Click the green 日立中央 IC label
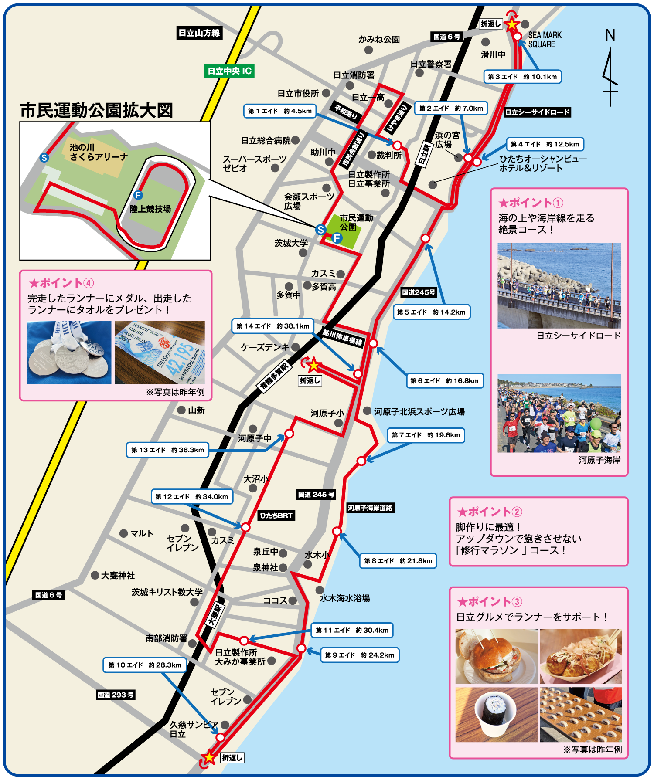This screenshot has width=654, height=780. [229, 71]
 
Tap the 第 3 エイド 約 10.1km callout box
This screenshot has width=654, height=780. [522, 77]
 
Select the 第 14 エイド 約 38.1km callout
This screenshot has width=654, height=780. [272, 326]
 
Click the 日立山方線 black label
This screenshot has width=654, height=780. [199, 33]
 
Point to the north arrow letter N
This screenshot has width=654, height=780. [610, 35]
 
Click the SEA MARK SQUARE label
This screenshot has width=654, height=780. [545, 40]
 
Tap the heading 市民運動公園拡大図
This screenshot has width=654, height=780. [96, 111]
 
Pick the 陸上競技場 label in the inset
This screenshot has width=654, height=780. [150, 209]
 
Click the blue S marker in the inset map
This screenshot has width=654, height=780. [44, 158]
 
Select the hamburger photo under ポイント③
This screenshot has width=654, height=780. [496, 656]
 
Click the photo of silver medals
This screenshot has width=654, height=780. [69, 353]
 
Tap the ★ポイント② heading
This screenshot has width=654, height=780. [489, 512]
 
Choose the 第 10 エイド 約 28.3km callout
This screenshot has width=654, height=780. [145, 665]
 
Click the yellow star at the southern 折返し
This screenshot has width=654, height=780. [209, 757]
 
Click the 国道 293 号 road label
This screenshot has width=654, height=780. [116, 695]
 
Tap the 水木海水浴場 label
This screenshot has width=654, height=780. [344, 598]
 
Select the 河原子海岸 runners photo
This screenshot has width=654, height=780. [559, 413]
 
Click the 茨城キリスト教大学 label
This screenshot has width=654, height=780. [167, 592]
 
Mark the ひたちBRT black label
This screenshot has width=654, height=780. [276, 515]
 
